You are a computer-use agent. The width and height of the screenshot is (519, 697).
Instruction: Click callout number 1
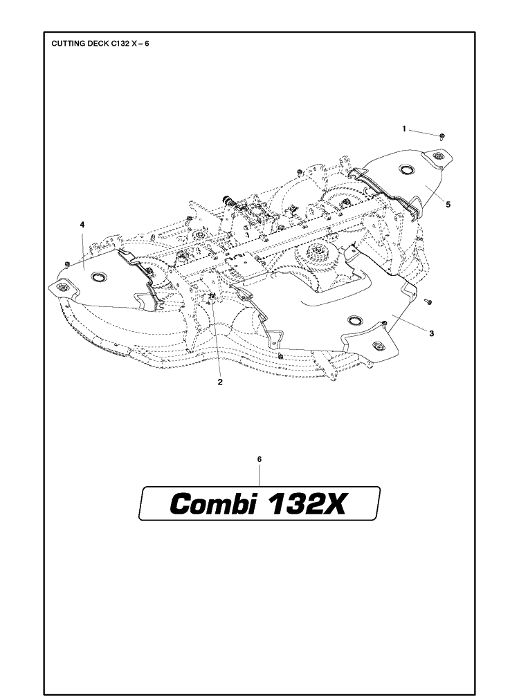404,129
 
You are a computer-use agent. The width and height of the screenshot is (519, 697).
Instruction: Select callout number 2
219,382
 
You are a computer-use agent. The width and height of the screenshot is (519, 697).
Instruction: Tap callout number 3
431,333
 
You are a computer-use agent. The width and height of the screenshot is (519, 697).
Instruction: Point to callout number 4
82,225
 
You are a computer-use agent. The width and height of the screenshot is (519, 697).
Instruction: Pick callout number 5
448,205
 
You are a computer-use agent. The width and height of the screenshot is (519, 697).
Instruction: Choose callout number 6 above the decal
259,458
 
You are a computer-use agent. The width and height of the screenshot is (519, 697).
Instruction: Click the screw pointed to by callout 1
442,136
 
